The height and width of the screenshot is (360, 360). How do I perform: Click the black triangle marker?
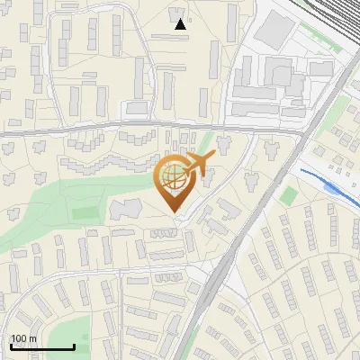180,24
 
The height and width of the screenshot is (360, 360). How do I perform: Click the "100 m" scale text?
24,339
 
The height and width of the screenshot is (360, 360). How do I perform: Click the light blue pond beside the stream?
335,189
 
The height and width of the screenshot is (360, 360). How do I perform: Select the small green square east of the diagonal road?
288,195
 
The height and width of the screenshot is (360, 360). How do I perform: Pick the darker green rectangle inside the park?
85,213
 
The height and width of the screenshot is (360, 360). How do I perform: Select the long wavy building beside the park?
108,162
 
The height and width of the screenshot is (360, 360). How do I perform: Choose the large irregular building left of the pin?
126,210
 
